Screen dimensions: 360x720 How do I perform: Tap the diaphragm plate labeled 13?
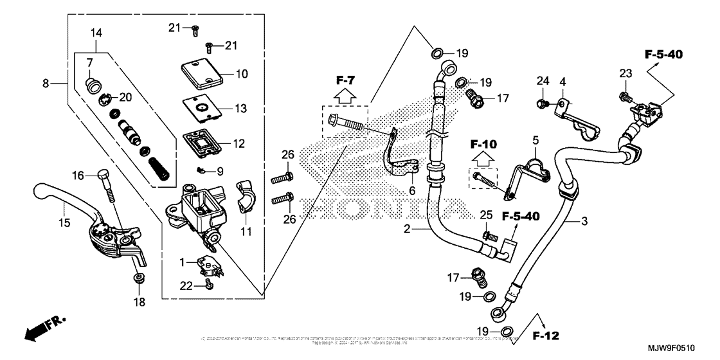[201, 107]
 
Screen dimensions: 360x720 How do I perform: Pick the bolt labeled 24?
[542, 103]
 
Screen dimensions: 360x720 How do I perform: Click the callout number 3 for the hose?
[584, 222]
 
